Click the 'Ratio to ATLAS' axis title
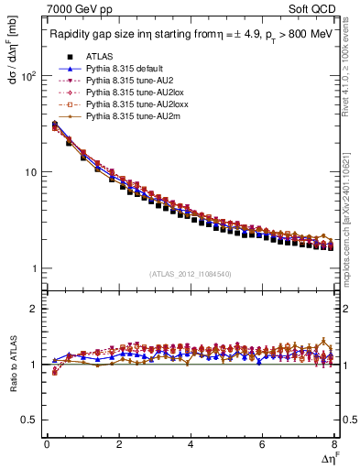(x=11, y=365)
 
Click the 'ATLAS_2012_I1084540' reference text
(x=190, y=274)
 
